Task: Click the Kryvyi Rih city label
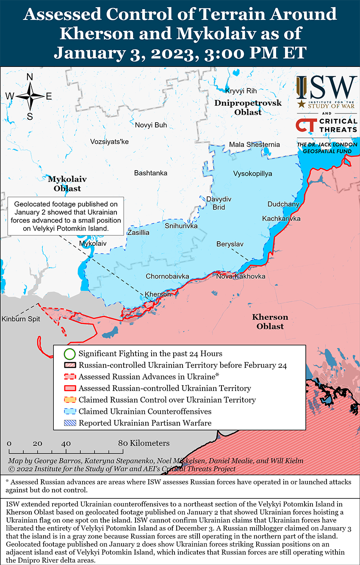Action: coord(241,91)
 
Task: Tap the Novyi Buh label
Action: coord(151,125)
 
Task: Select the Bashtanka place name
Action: coord(150,173)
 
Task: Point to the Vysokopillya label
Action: coord(252,174)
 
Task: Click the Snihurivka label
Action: coord(181,226)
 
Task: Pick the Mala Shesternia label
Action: coord(254,144)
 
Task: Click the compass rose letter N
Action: coord(30,77)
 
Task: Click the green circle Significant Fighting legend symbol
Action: coord(70,353)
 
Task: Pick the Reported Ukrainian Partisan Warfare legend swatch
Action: coord(70,422)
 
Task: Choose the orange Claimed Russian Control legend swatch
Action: coord(70,400)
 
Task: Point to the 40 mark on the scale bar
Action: coord(66,443)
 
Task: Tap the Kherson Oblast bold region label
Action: coord(270,322)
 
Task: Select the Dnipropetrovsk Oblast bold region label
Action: coord(248,107)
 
